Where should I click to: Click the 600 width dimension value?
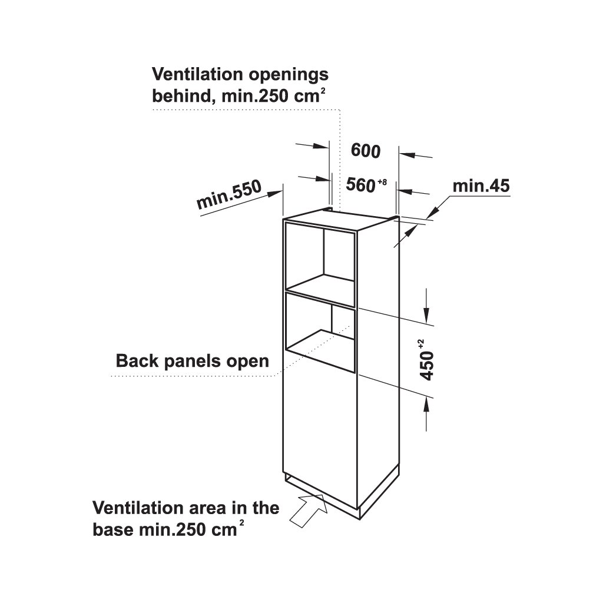(x=365, y=151)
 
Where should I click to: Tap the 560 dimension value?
(x=361, y=185)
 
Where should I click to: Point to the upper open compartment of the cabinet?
(x=320, y=259)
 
